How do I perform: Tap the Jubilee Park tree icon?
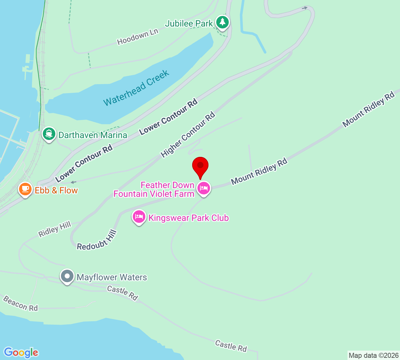pyautogui.click(x=222, y=22)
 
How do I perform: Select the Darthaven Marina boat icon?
pyautogui.click(x=49, y=134)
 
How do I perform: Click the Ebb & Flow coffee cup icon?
pyautogui.click(x=25, y=189)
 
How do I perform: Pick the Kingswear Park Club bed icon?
pyautogui.click(x=139, y=217)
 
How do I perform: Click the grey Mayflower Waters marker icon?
pyautogui.click(x=67, y=276)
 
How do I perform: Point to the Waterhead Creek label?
pyautogui.click(x=136, y=88)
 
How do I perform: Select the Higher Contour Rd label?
pyautogui.click(x=188, y=134)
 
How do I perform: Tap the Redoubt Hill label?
pyautogui.click(x=97, y=241)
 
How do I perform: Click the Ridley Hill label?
pyautogui.click(x=55, y=229)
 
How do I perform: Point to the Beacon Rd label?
pyautogui.click(x=21, y=304)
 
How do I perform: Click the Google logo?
pyautogui.click(x=21, y=352)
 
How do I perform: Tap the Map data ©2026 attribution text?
pyautogui.click(x=373, y=355)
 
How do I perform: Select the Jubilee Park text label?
pyautogui.click(x=189, y=23)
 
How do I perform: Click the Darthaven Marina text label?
pyautogui.click(x=93, y=135)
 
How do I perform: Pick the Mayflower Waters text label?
pyautogui.click(x=112, y=277)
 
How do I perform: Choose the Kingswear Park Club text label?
pyautogui.click(x=188, y=218)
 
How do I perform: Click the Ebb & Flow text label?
pyautogui.click(x=56, y=190)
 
